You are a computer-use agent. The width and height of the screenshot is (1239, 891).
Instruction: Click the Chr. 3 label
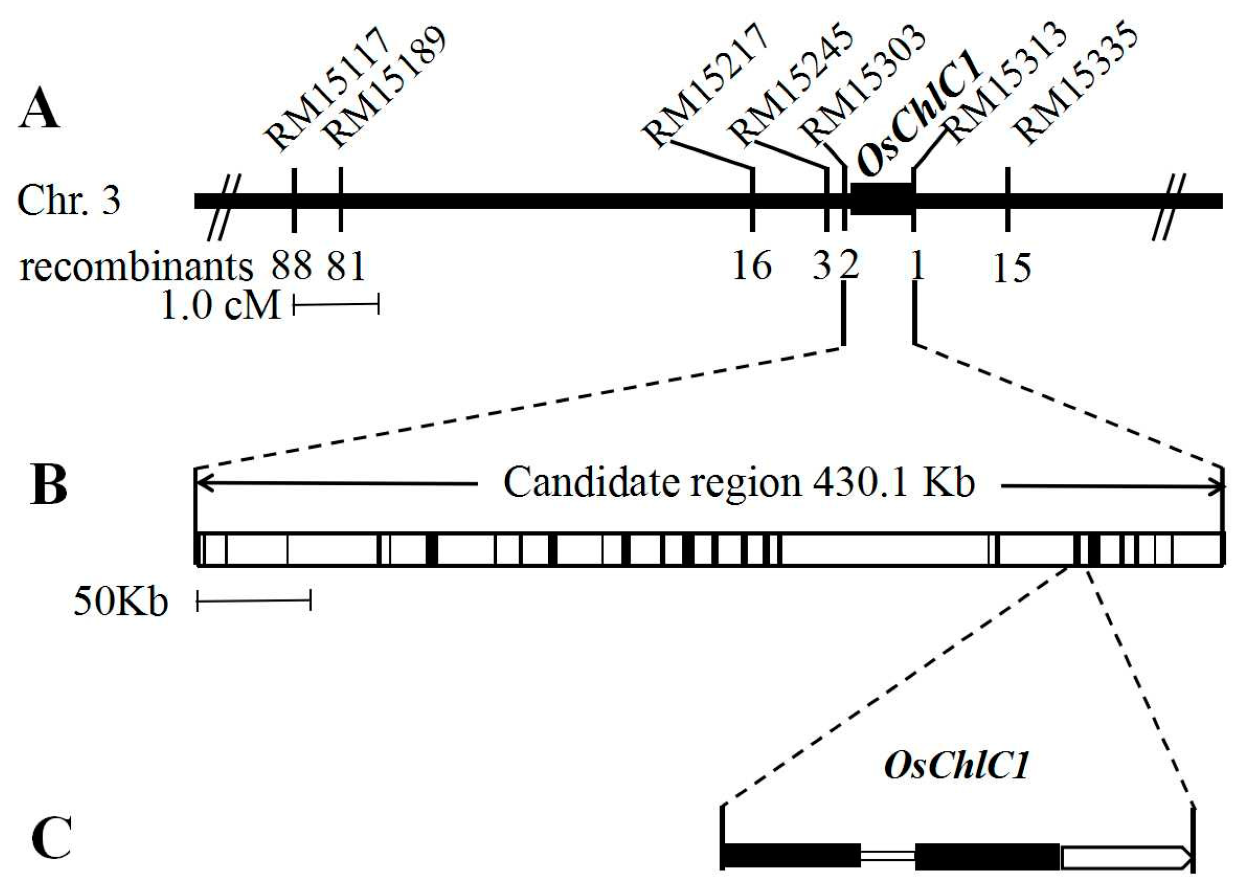pyautogui.click(x=69, y=201)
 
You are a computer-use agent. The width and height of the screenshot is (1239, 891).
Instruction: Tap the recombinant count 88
pyautogui.click(x=291, y=267)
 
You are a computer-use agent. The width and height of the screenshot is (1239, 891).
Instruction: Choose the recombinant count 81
pyautogui.click(x=345, y=267)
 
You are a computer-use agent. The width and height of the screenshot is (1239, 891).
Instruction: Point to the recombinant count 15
pyautogui.click(x=1012, y=268)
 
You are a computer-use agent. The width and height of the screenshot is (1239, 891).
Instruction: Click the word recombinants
pyautogui.click(x=136, y=268)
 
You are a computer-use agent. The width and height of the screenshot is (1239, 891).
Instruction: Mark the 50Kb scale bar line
pyautogui.click(x=253, y=603)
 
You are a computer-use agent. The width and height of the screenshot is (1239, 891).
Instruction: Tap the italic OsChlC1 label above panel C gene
pyautogui.click(x=956, y=766)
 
